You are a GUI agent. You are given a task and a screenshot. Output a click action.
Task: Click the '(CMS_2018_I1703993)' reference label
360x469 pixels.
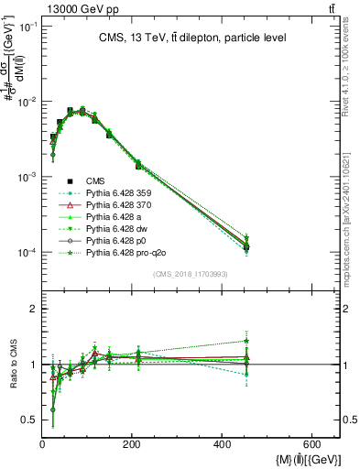pyautogui.click(x=192, y=274)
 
